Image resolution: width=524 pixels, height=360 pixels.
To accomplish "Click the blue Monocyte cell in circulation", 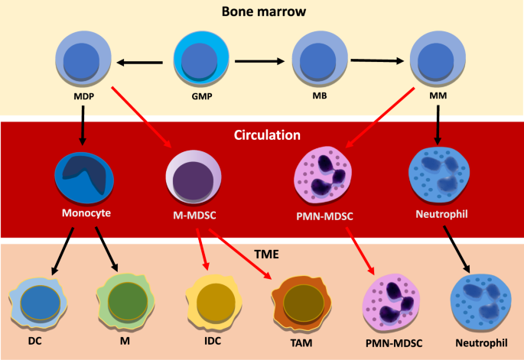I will coord(84,176).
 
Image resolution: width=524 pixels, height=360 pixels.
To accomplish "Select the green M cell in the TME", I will coord(122,300).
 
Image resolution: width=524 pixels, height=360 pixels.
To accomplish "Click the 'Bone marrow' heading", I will coord(262,12).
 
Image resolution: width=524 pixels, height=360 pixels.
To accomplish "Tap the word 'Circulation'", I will coord(262,135).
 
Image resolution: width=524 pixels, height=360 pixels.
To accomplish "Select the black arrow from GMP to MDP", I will coord(139,63).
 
